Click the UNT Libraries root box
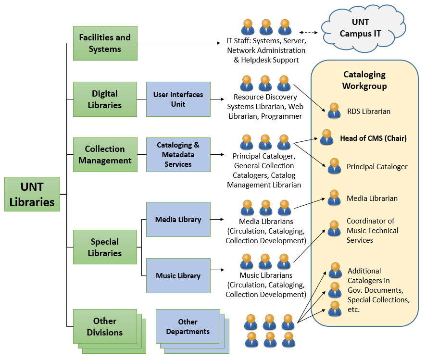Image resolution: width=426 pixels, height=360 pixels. click(32, 194)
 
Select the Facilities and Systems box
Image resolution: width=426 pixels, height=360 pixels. click(105, 43)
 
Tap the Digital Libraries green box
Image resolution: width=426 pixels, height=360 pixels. click(105, 99)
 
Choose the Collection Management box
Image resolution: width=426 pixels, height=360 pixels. click(105, 155)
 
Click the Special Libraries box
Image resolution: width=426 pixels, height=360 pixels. click(105, 247)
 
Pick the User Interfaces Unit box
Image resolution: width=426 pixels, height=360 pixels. click(178, 99)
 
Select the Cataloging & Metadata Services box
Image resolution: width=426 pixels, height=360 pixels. click(178, 155)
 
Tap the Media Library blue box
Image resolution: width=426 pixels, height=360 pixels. click(178, 220)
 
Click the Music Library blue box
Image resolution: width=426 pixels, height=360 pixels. click(178, 275)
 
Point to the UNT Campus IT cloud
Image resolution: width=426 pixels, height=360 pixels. click(360, 28)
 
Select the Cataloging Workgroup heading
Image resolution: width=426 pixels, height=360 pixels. click(364, 80)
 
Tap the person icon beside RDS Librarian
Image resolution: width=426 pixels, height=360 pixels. click(334, 111)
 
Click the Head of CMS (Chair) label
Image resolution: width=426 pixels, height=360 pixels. click(373, 138)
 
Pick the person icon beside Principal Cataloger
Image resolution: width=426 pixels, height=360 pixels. click(334, 166)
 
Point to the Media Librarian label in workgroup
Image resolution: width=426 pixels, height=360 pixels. click(372, 198)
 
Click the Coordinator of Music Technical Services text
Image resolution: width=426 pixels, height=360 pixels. click(372, 230)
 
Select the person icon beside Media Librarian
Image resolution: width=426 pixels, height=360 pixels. click(334, 198)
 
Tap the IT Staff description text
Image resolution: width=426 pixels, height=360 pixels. click(266, 50)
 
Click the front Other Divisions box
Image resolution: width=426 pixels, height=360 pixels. click(104, 326)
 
